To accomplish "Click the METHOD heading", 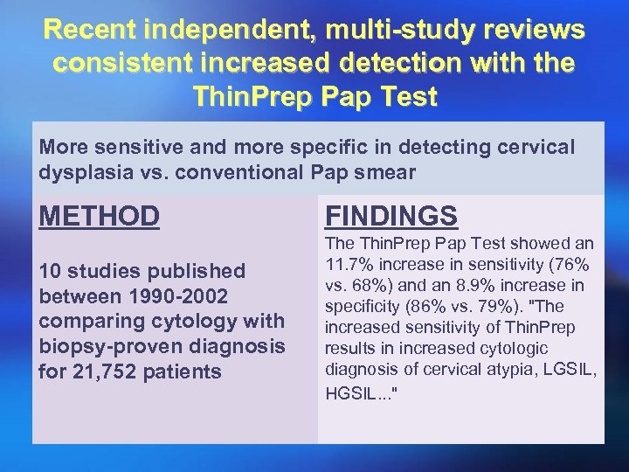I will click(100, 215).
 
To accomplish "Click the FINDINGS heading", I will click(391, 215).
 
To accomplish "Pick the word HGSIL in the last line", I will click(348, 393).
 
